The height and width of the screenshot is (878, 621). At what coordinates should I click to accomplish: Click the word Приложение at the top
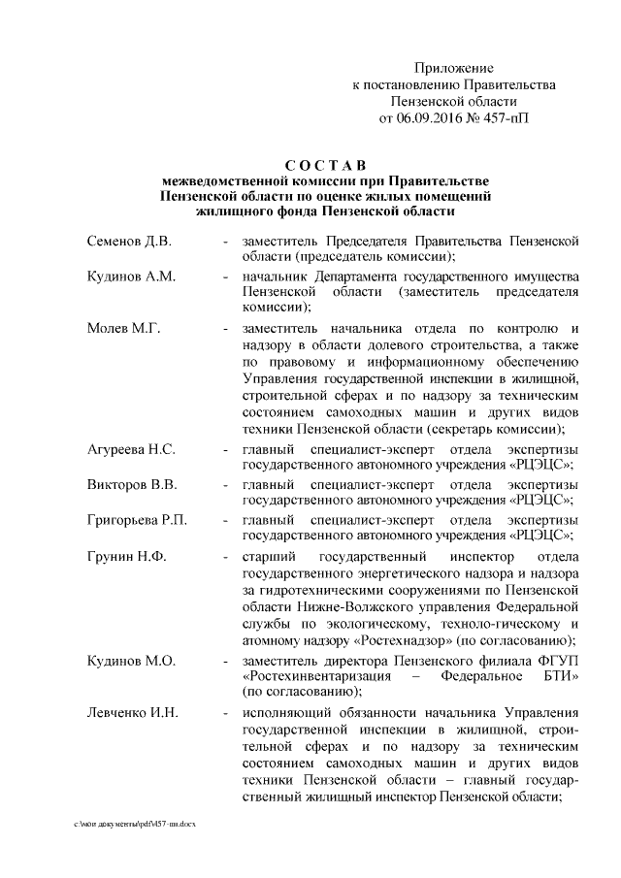[454, 69]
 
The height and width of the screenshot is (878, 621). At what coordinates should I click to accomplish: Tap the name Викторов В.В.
[128, 483]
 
